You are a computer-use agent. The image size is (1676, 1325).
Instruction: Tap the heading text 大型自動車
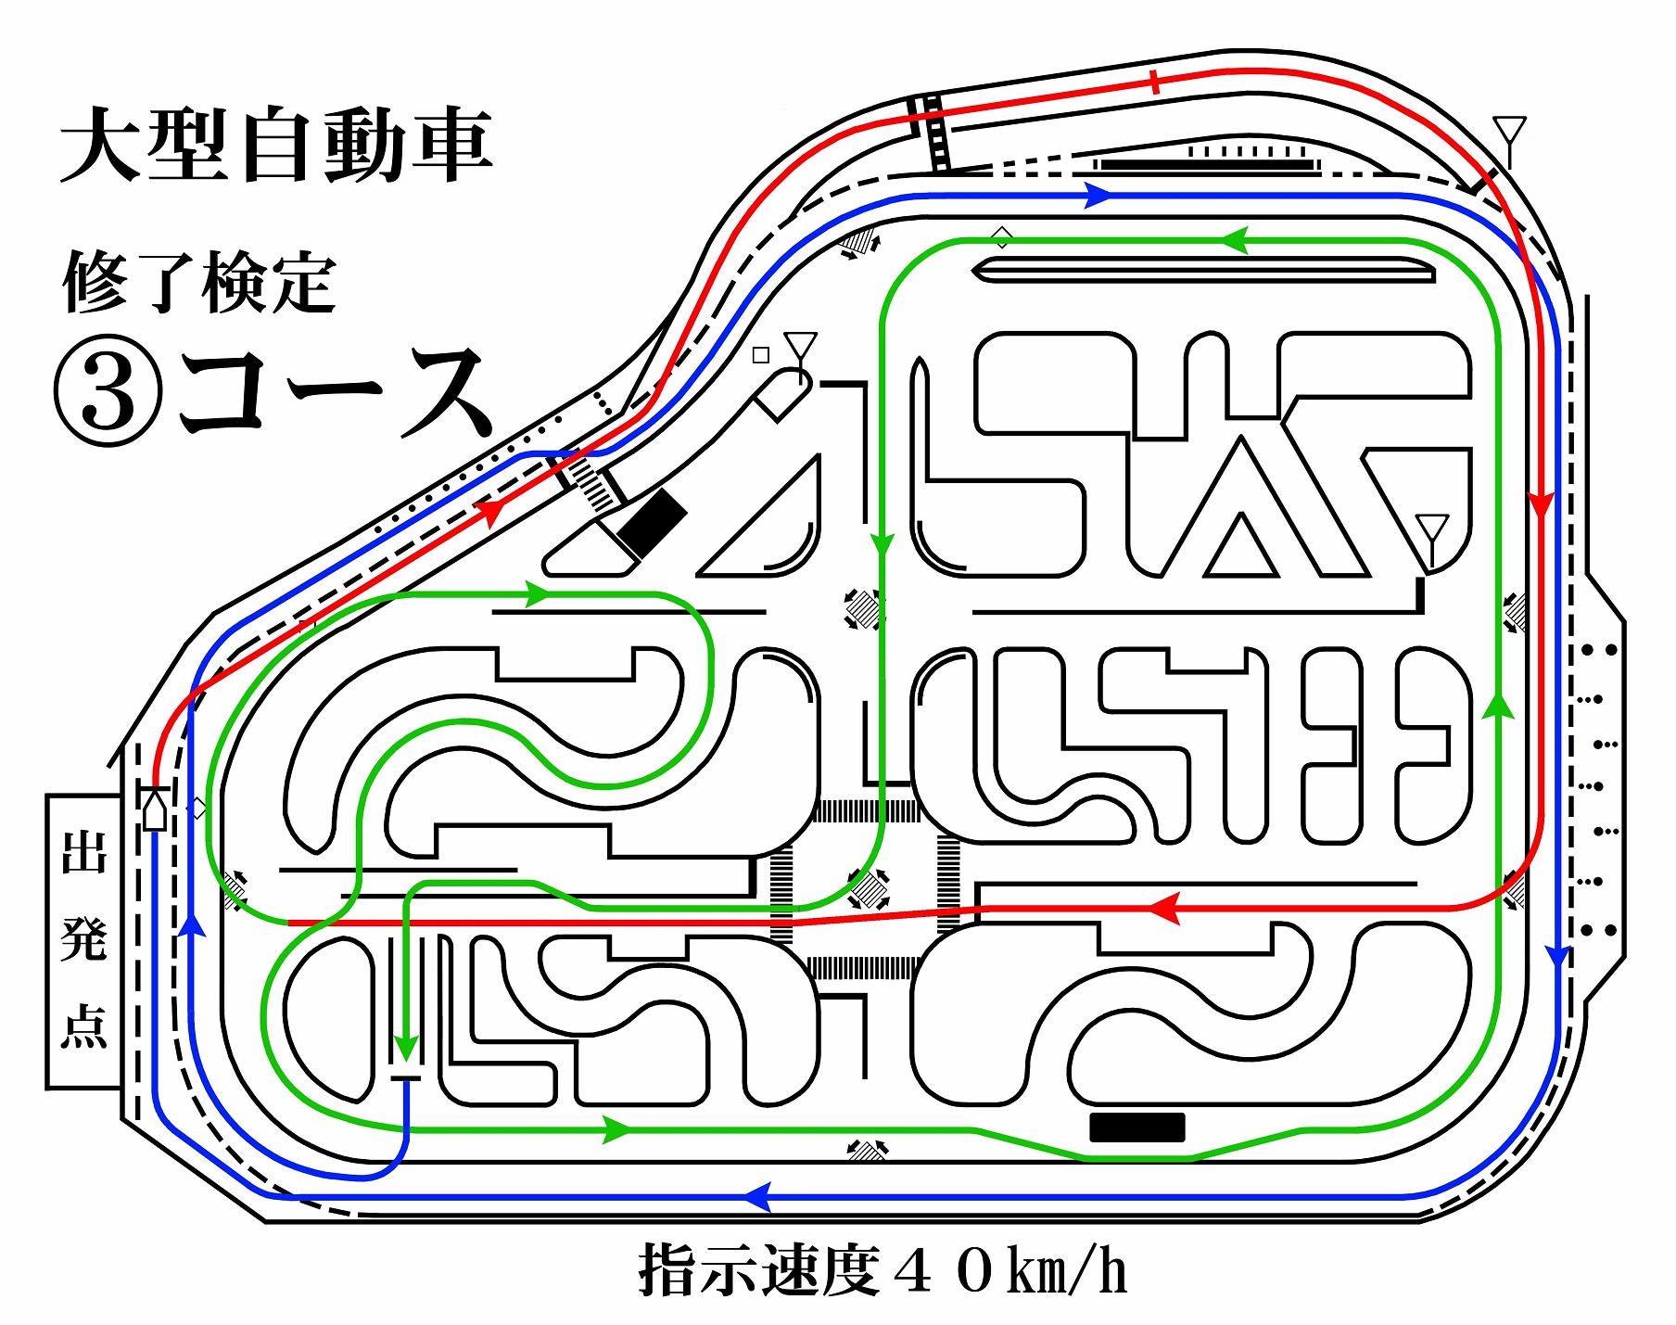coord(276,146)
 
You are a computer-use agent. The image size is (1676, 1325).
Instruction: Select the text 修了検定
coord(199,283)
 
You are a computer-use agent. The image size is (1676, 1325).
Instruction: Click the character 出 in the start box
coord(84,852)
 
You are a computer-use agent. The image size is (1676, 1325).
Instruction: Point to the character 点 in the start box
coord(84,1026)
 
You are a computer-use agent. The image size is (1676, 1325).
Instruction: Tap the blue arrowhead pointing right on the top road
coord(1098,196)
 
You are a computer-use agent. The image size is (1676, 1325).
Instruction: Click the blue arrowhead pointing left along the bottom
coord(757,1196)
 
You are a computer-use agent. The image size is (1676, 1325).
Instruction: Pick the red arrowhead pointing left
coord(1164,908)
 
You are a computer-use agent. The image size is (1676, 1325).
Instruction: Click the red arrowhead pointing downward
coord(1540,506)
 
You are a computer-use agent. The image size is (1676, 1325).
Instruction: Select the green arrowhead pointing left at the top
coord(1234,241)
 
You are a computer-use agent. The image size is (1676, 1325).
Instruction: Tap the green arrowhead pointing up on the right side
coord(1498,706)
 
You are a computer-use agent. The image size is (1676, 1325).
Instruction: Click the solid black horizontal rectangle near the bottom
coord(1137,1128)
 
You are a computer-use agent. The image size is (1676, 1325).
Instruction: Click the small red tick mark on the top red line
coord(1154,83)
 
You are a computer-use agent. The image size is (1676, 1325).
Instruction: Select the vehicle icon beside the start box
coord(155,807)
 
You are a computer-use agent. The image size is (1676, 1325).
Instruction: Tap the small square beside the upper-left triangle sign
coord(761,354)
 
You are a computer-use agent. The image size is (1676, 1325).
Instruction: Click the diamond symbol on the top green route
coord(1001,237)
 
